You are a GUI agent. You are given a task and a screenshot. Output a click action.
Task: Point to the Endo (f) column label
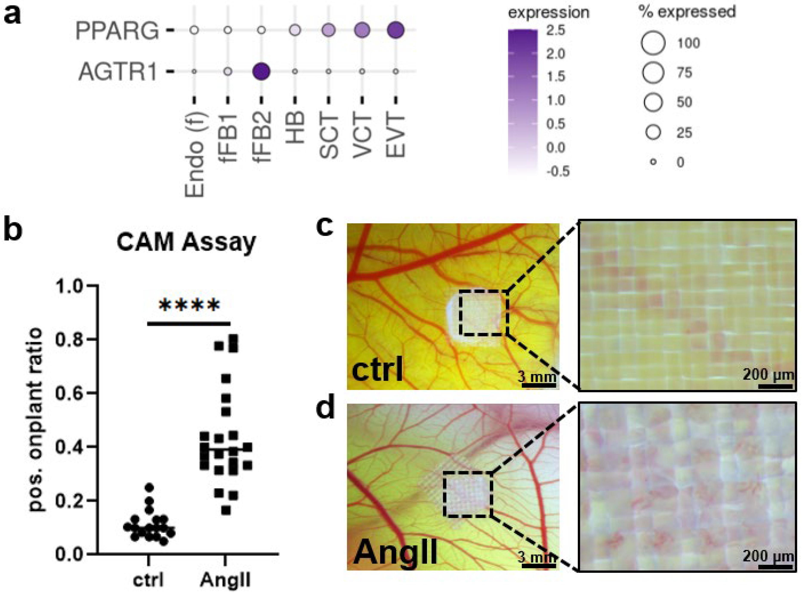pos(195,155)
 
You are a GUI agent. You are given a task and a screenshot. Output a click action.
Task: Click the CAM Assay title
pos(186,242)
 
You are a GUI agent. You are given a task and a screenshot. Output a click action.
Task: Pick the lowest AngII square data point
pos(226,510)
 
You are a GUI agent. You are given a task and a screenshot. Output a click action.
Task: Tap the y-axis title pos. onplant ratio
pos(36,420)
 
